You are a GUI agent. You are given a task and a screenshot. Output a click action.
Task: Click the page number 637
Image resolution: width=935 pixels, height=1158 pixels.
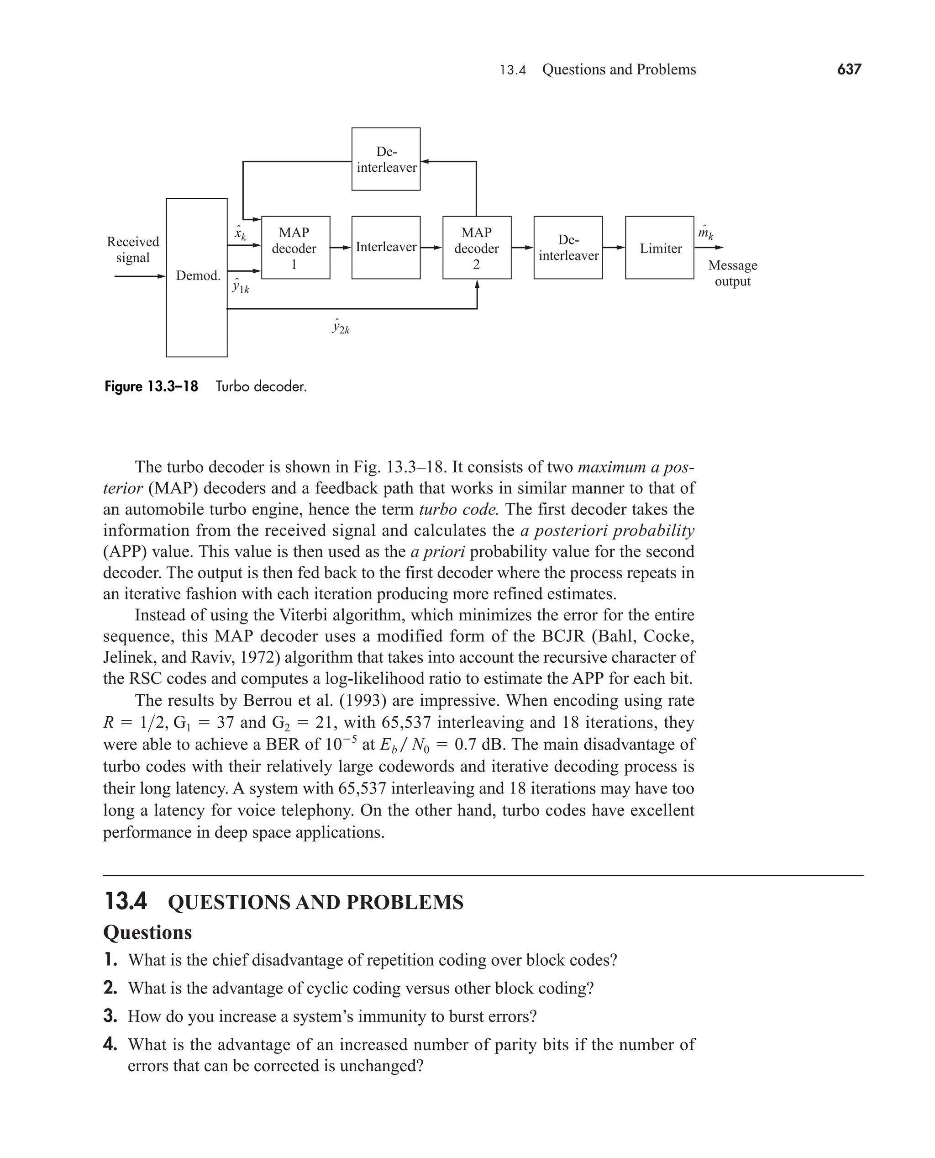(849, 69)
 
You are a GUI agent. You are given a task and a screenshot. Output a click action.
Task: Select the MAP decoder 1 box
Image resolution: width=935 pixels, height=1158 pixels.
(295, 248)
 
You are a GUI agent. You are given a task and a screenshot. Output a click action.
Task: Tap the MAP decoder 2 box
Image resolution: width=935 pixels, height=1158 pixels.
(477, 248)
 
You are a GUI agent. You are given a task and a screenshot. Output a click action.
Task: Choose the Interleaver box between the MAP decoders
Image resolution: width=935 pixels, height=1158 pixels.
(386, 248)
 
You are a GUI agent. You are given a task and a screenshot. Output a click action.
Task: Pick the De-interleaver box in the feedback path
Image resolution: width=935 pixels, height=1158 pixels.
(386, 159)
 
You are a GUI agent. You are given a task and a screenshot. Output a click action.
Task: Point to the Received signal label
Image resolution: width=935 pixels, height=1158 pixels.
(132, 249)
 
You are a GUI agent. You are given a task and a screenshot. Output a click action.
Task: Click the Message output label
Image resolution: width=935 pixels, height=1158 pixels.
(732, 273)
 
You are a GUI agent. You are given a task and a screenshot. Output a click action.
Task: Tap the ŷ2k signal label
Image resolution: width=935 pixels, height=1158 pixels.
(341, 327)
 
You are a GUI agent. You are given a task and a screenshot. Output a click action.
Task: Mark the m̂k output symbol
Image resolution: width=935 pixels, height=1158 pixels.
(705, 233)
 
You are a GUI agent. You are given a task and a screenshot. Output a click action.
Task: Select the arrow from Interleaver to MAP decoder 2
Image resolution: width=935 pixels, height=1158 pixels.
(431, 248)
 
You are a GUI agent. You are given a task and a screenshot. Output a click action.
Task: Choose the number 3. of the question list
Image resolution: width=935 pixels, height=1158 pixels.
(110, 1016)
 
